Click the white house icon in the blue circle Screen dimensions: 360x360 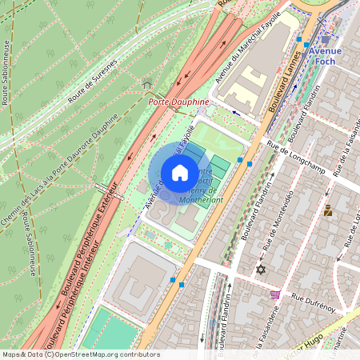pyautogui.click(x=180, y=173)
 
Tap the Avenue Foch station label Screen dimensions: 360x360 pyautogui.click(x=325, y=56)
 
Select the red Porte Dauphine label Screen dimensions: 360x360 pyautogui.click(x=179, y=102)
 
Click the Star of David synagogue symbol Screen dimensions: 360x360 pyautogui.click(x=259, y=270)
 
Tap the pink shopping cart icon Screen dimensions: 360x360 pyautogui.click(x=275, y=294)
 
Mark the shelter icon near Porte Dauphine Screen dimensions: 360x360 pyautogui.click(x=146, y=85)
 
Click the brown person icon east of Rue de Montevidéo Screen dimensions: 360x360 pyautogui.click(x=327, y=211)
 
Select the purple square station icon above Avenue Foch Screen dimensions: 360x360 pyautogui.click(x=325, y=38)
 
